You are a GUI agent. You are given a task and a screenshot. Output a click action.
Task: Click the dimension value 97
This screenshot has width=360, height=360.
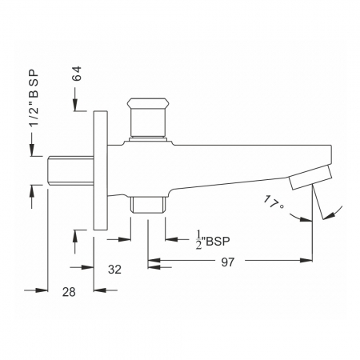point(227,262)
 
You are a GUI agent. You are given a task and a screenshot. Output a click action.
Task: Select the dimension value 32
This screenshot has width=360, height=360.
point(114,270)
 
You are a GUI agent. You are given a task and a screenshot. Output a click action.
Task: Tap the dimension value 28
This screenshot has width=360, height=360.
point(69,292)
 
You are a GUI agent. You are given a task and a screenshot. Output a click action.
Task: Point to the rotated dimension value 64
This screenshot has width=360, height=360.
point(77,74)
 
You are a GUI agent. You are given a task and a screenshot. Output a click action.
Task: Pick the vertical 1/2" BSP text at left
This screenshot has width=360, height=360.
point(34,98)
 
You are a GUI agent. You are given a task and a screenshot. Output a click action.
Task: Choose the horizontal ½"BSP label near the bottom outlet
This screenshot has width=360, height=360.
point(213,241)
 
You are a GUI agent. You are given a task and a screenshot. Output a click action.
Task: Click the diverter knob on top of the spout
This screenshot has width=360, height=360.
point(147,118)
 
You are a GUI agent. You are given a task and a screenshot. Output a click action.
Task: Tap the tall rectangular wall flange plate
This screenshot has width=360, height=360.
point(101,170)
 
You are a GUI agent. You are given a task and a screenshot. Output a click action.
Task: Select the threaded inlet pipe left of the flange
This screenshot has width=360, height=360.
point(70,170)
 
